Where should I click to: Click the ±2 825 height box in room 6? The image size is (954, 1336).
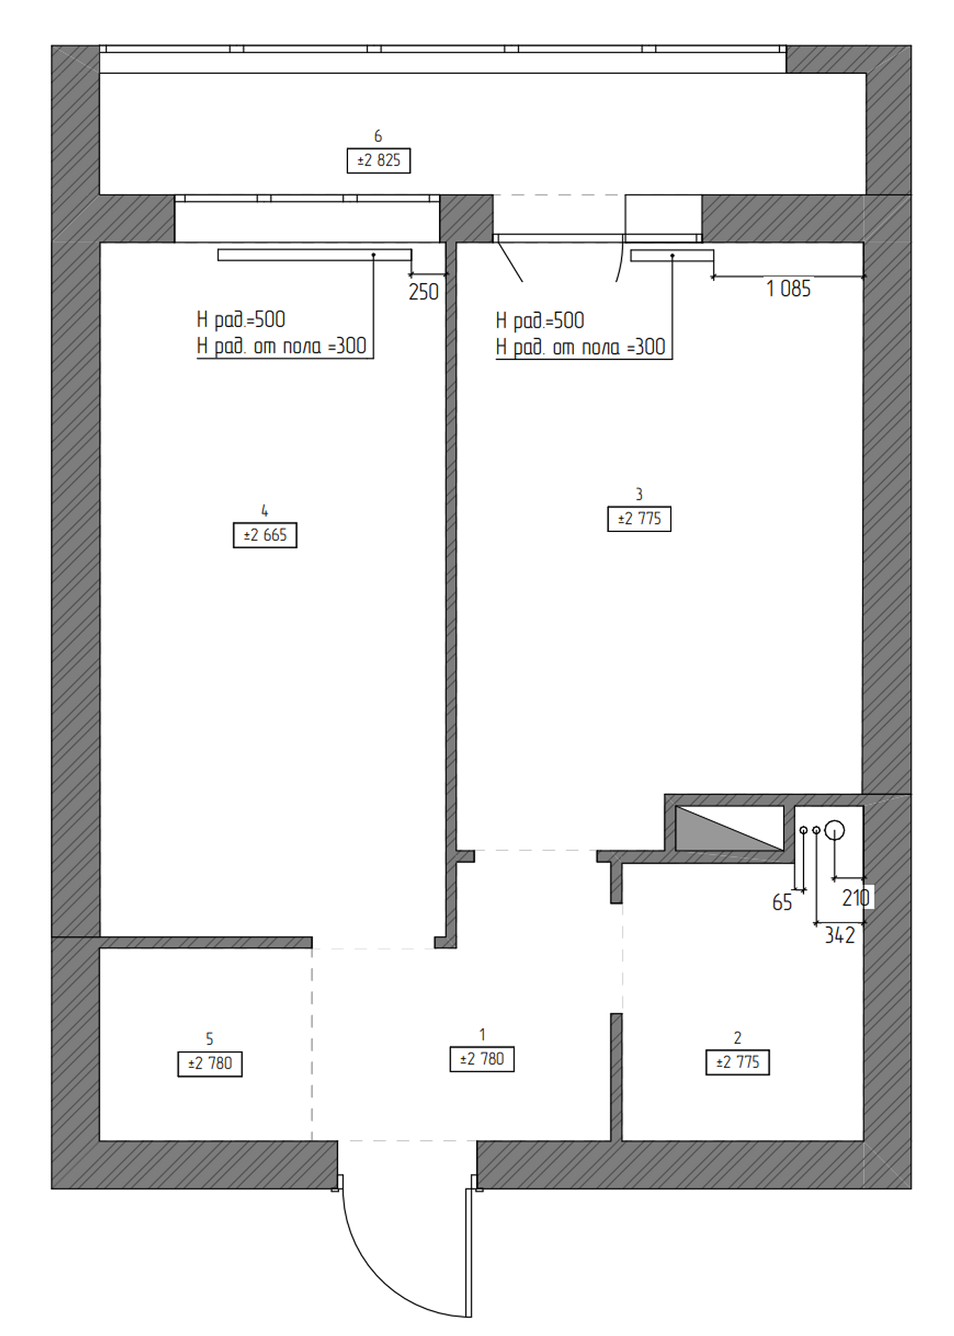[x=379, y=161]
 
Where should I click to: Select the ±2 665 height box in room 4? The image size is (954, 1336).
[x=265, y=536]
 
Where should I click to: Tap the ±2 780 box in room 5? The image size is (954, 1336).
[x=210, y=1064]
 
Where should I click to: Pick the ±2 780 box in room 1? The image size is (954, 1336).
[x=482, y=1060]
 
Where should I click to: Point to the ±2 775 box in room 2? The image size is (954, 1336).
[x=738, y=1063]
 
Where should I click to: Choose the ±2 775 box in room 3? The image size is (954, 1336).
[x=639, y=519]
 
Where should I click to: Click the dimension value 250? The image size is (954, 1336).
[x=423, y=292]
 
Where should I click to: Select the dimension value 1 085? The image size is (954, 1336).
[x=789, y=289]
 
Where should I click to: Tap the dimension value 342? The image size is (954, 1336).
[x=839, y=936]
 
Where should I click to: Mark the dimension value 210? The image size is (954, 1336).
[x=856, y=899]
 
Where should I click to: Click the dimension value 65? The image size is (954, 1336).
[x=782, y=903]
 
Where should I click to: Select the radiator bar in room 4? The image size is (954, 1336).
[x=315, y=255]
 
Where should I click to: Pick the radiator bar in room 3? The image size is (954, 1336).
[x=672, y=256]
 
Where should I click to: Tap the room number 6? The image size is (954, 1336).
[x=378, y=136]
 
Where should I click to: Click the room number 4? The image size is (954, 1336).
[x=265, y=511]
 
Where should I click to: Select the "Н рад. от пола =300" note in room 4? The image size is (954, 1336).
[x=282, y=346]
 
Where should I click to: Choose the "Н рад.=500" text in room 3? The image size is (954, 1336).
[x=540, y=321]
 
